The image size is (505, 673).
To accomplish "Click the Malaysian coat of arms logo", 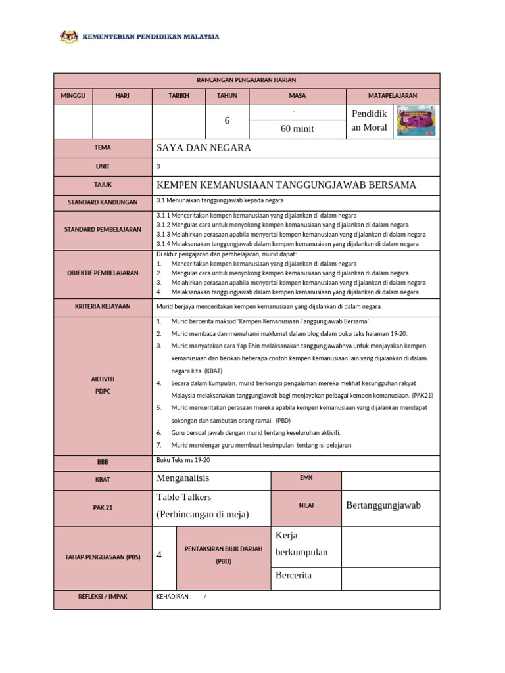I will [69, 37].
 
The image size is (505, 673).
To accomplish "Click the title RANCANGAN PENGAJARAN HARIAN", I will [247, 80].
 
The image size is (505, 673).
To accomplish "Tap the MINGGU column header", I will [74, 96].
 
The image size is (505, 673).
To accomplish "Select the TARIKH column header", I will [178, 96].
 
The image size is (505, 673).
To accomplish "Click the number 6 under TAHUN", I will [228, 121].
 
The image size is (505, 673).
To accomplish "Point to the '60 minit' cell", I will [297, 129].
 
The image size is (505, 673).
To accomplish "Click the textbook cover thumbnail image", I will [416, 121].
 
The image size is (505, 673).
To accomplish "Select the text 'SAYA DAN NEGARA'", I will [204, 148].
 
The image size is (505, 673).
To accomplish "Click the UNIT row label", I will [103, 167].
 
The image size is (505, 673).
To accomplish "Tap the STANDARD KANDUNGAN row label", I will [103, 202].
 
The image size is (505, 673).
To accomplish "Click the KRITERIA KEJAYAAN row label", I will [103, 307].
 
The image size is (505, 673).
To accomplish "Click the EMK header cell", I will [306, 478].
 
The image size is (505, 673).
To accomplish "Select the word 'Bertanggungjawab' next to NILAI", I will [383, 505].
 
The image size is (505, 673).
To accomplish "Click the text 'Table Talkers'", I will [184, 498].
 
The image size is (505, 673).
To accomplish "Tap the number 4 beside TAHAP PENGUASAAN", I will [159, 555].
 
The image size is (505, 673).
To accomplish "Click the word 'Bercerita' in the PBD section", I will [294, 576].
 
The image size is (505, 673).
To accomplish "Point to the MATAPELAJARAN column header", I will [393, 96].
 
